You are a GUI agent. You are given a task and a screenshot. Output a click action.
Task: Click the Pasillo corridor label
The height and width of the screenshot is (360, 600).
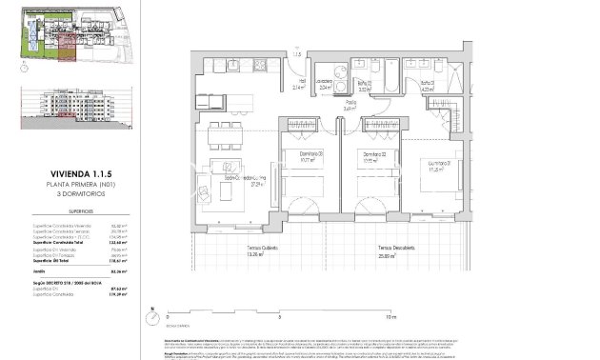350,107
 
